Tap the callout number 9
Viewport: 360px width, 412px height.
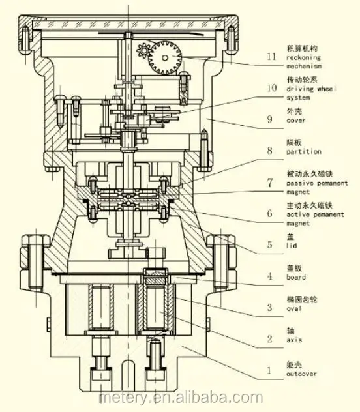[x=269, y=119]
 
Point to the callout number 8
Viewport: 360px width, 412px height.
[x=269, y=151]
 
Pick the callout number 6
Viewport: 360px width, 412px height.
[x=269, y=213]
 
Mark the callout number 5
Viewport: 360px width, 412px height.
[x=269, y=245]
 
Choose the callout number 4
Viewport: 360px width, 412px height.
[x=269, y=276]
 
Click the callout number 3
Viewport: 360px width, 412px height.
[x=269, y=308]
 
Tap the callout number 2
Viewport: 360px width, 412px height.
[x=269, y=339]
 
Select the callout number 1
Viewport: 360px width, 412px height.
[x=269, y=370]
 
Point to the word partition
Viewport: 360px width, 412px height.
[x=303, y=152]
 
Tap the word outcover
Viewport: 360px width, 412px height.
[x=302, y=374]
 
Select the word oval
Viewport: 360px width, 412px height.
[x=293, y=309]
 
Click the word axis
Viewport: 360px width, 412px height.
[x=293, y=340]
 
